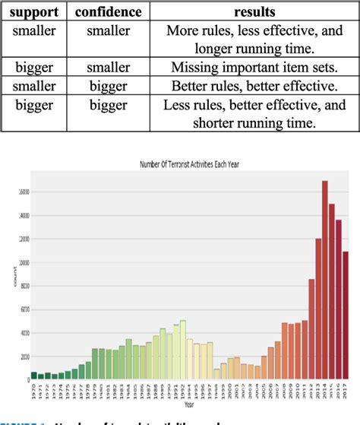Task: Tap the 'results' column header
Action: tap(254, 13)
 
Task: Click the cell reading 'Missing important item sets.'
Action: tap(254, 66)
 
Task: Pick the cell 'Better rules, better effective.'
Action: tap(254, 85)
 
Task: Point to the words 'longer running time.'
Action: tap(254, 49)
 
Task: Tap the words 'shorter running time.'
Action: tap(254, 123)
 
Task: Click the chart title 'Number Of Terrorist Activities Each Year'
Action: tap(191, 165)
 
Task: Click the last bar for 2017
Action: tap(346, 315)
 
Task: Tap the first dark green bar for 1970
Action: tap(33, 376)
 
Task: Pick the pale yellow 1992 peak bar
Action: tap(182, 350)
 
